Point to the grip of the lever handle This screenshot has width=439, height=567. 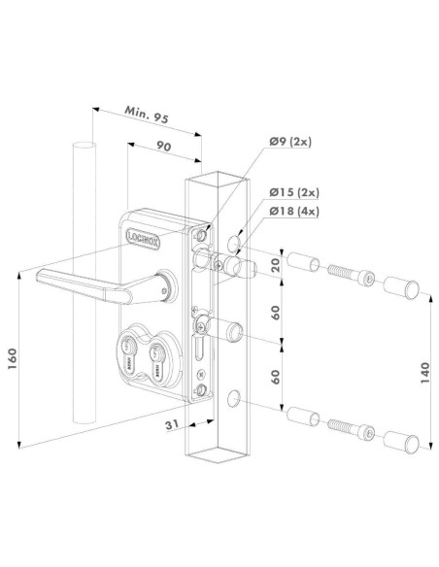[x=68, y=280]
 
